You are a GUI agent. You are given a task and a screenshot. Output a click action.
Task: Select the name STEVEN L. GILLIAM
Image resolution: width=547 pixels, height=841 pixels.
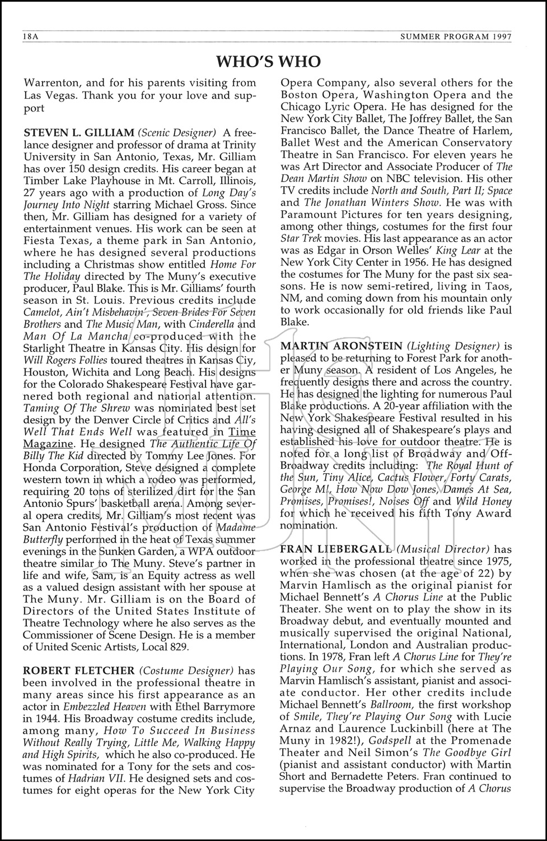click(x=78, y=133)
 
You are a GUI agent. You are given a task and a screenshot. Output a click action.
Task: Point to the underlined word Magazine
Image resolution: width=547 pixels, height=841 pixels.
click(x=48, y=443)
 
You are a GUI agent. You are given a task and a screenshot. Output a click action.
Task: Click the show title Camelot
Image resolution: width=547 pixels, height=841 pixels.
click(x=43, y=312)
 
